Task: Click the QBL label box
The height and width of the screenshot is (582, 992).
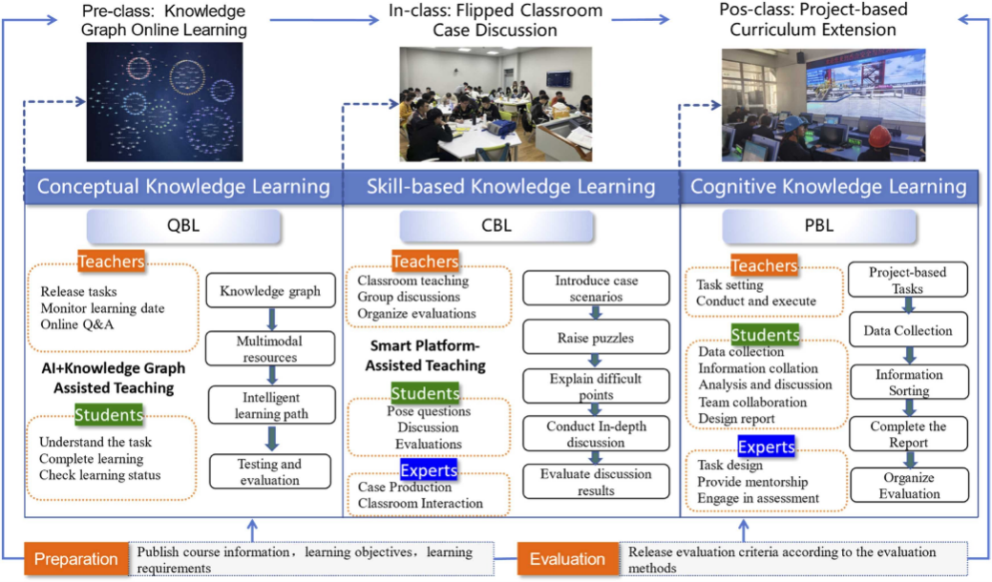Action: point(183,228)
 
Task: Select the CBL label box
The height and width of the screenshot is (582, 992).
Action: point(496,228)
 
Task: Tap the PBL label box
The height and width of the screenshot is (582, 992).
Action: point(819,228)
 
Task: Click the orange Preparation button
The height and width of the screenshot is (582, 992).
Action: point(75,559)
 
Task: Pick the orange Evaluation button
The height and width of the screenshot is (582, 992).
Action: point(567,559)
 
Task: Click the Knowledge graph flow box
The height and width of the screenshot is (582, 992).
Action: point(270,292)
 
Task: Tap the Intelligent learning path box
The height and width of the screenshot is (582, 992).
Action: point(270,405)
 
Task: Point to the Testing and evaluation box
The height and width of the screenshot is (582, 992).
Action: point(270,472)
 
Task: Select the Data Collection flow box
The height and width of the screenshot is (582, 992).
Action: point(908,331)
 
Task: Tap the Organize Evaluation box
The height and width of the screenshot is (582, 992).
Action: point(908,486)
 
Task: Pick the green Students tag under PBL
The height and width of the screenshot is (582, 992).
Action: point(766,335)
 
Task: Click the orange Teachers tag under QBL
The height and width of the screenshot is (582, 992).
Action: point(112,260)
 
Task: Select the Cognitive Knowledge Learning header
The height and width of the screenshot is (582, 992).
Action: point(828,186)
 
